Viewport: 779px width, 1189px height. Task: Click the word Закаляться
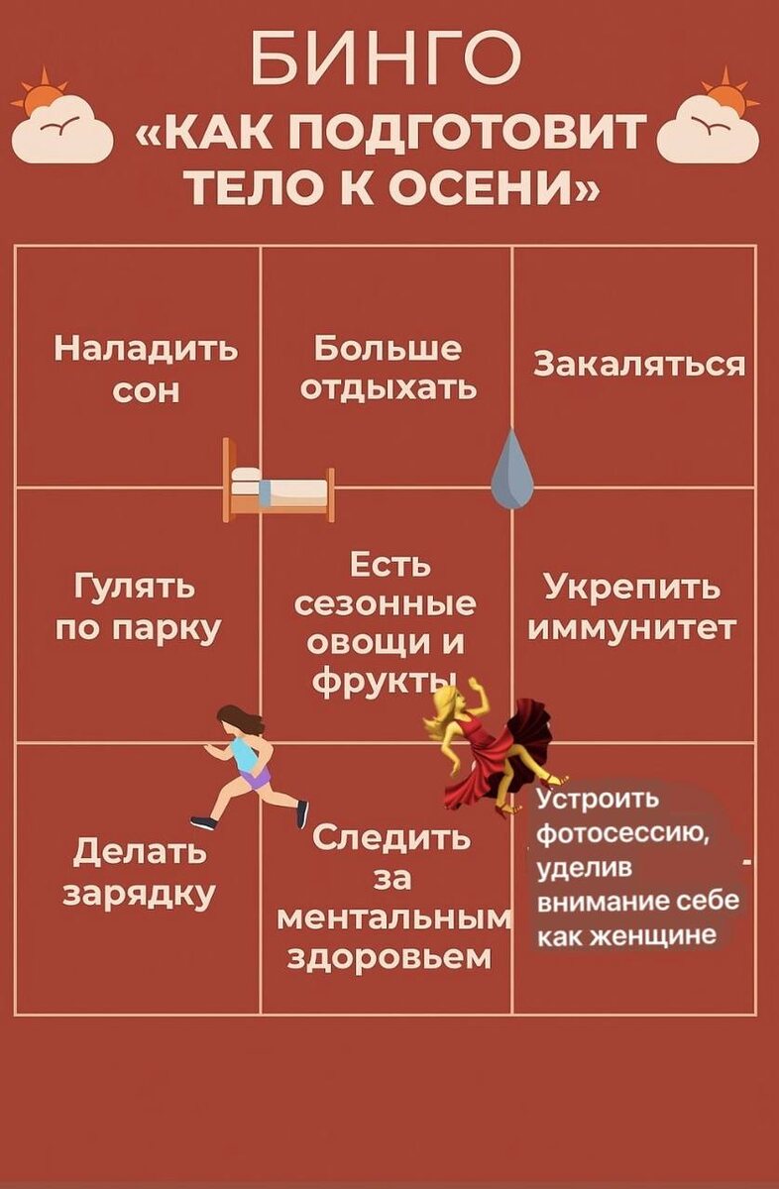pos(639,365)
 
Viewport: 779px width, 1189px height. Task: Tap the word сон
pos(146,391)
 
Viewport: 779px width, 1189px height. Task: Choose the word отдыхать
pos(389,387)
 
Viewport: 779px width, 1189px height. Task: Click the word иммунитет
pos(633,628)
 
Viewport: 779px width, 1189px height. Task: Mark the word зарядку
pos(140,893)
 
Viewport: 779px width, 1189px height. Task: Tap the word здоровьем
pos(389,957)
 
